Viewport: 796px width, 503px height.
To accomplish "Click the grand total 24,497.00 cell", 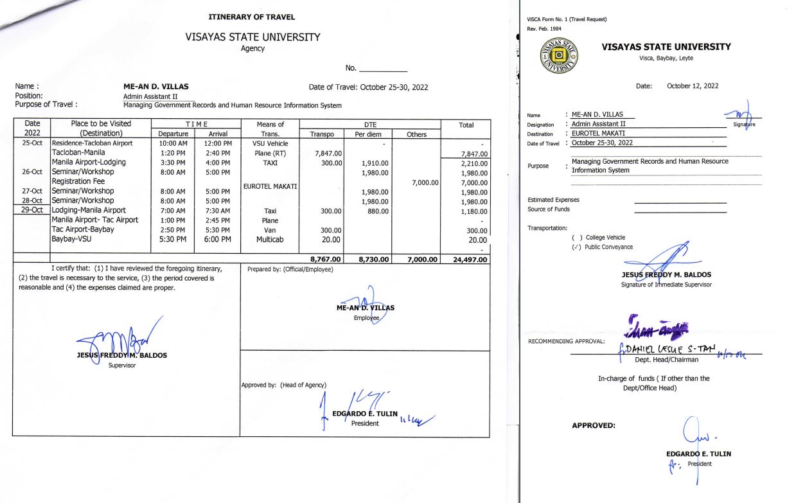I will [x=466, y=260].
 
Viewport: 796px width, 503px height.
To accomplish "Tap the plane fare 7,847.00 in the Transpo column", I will [x=328, y=154].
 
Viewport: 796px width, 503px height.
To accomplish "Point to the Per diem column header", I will [x=369, y=134].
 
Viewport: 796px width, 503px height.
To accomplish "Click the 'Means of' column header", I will [x=269, y=124].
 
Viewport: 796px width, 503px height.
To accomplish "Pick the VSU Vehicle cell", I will [x=270, y=144].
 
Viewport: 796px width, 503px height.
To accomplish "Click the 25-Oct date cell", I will [x=32, y=143].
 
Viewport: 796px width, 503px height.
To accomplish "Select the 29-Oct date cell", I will [x=32, y=210].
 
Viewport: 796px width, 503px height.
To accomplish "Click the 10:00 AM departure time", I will [x=173, y=144].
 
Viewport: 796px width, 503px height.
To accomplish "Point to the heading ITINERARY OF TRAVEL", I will [x=252, y=17].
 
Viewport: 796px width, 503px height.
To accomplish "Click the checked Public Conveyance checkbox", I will [x=576, y=247].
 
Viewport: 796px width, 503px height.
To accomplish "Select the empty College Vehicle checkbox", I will [x=576, y=238].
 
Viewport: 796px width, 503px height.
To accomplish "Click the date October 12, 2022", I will [x=693, y=85].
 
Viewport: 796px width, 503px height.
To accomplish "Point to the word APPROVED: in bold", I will [x=593, y=425].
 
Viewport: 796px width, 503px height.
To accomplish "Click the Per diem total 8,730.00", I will [x=369, y=260].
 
